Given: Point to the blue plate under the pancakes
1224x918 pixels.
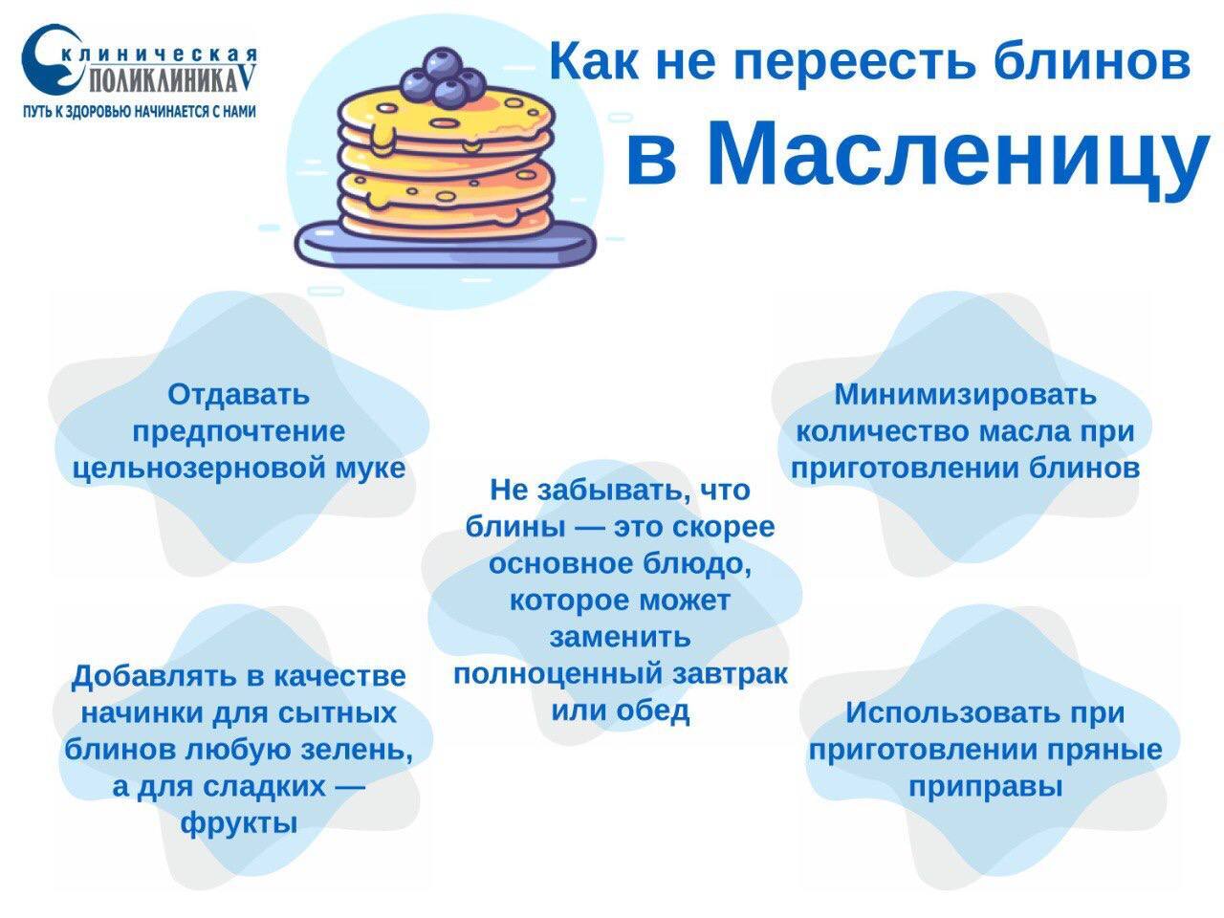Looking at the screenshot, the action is (x=445, y=242).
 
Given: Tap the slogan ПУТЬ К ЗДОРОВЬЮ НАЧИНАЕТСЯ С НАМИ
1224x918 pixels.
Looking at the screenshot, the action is (x=140, y=112).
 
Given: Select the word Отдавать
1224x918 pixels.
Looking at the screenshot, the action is (x=238, y=395).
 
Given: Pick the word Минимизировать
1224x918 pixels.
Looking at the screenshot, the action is (x=965, y=395).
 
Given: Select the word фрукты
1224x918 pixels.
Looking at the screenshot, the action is (x=239, y=823).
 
